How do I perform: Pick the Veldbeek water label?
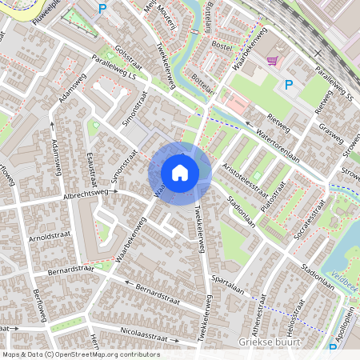(x=345, y=274)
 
